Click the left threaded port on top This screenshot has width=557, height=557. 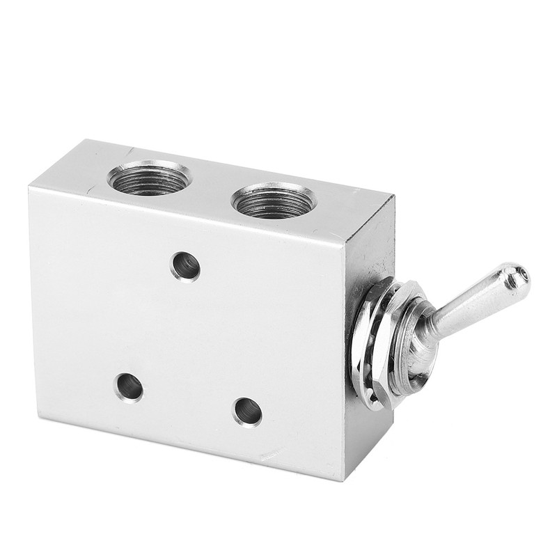click(149, 178)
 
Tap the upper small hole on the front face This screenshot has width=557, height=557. click(186, 266)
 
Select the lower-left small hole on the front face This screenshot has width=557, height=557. click(130, 387)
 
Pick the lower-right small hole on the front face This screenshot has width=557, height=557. click(247, 411)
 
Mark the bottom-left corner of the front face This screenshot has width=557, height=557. click(39, 418)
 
